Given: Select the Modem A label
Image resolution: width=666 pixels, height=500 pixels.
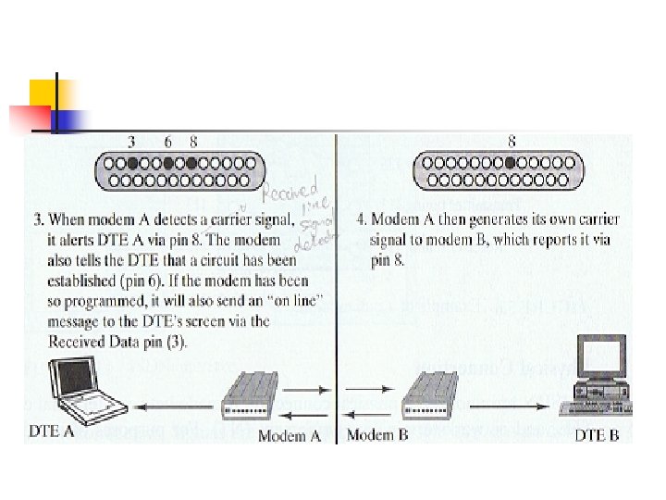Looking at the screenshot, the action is pos(289,436).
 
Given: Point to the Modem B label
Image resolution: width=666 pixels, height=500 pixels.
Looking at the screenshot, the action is pos(376,434).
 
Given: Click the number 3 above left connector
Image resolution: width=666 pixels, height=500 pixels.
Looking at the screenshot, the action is pos(131,142).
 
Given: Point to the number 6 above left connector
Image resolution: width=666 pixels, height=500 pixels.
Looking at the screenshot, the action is pos(167,142).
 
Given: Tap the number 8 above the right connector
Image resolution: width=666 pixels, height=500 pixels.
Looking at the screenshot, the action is pos(512,142).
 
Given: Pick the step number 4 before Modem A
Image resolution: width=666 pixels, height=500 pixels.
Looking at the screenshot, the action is pos(361,219).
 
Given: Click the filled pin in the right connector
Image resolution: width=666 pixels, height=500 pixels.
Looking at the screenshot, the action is pos(512,163).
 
